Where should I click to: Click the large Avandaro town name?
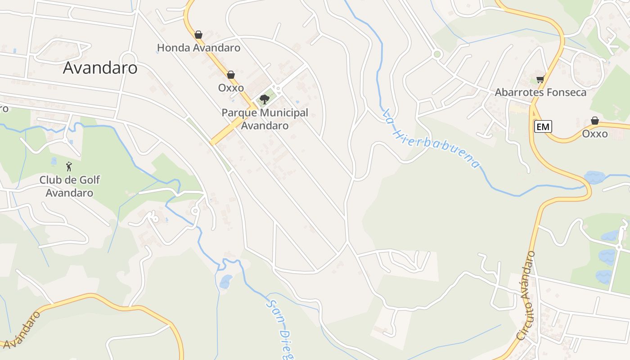coord(100,68)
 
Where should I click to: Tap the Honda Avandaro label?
coord(198,48)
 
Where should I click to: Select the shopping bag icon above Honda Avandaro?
coord(198,35)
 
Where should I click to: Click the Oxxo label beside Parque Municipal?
coord(231,88)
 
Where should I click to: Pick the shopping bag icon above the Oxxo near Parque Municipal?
coord(231,75)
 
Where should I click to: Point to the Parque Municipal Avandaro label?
coord(265,119)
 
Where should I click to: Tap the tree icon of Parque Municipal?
coord(265,99)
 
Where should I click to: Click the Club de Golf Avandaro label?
coord(69,186)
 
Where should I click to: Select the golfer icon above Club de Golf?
coord(69,167)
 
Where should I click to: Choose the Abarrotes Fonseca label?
coord(540,93)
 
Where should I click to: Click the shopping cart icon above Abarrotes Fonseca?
coord(540,80)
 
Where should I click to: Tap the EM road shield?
coord(543,127)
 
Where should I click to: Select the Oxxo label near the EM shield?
coord(594,134)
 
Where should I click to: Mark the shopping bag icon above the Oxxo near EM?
coord(594,121)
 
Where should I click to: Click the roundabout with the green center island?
coord(436,54)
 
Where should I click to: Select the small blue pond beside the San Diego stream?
coord(225,282)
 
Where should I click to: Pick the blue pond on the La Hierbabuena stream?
coord(595,177)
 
